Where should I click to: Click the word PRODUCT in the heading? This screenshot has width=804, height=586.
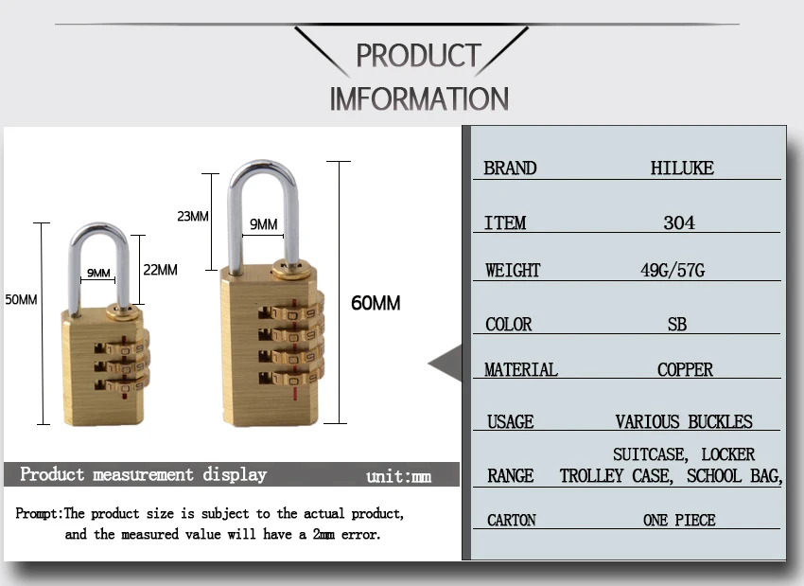(418, 56)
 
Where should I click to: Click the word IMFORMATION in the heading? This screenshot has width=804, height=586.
(419, 99)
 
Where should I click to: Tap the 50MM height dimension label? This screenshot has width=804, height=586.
(21, 300)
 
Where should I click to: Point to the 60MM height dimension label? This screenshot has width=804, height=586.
(376, 303)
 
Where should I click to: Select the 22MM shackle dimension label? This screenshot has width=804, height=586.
(160, 270)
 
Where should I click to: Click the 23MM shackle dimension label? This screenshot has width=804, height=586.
(193, 216)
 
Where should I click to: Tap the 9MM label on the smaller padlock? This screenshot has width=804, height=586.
(98, 273)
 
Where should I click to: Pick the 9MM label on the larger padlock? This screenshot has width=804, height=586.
(264, 224)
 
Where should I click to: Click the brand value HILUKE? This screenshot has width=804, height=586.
(682, 168)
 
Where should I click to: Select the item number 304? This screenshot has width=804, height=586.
(679, 222)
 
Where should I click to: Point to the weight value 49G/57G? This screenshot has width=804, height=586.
(673, 270)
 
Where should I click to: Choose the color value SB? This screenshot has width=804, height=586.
(677, 325)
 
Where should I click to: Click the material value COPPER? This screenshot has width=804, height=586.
(685, 369)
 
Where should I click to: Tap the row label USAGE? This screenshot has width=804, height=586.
(510, 422)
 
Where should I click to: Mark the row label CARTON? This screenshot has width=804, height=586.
(511, 521)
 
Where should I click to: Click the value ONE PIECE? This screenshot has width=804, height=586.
(679, 521)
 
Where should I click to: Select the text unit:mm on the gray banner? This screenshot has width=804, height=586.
(398, 477)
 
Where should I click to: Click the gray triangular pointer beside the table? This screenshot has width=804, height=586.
(446, 364)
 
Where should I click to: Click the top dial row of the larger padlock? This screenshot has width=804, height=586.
(290, 312)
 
